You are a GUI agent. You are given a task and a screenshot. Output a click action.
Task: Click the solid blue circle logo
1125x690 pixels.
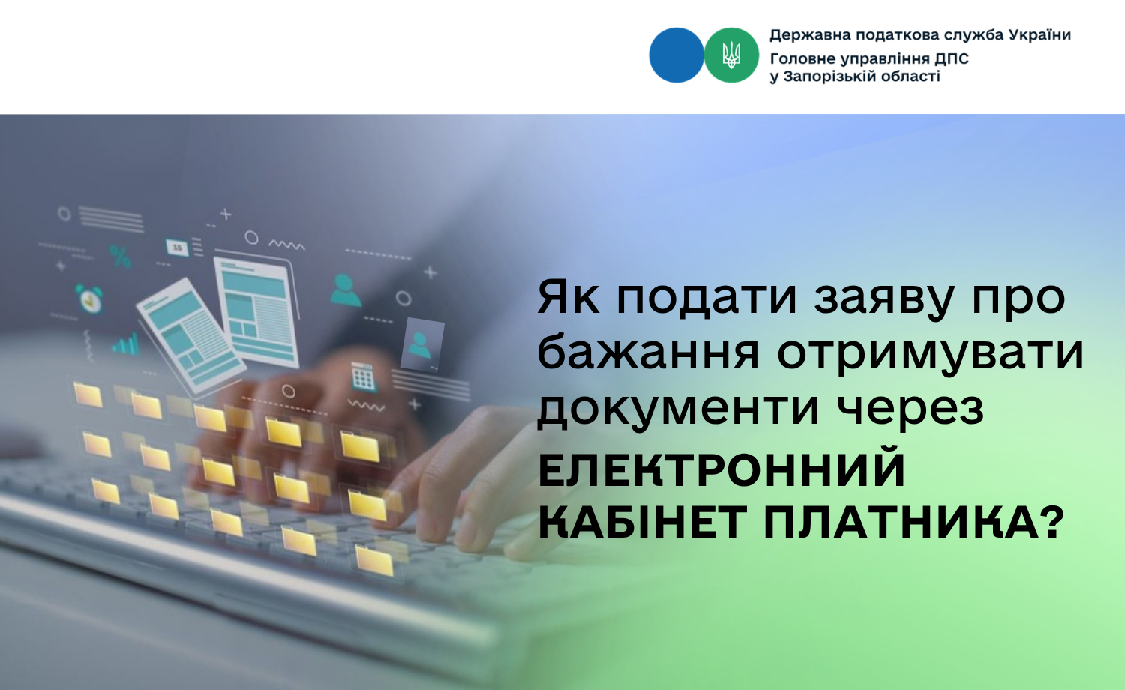pos(676,55)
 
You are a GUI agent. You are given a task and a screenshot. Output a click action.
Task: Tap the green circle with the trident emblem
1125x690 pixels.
pos(731,55)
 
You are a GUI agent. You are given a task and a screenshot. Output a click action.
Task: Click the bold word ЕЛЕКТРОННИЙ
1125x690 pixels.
pos(721,469)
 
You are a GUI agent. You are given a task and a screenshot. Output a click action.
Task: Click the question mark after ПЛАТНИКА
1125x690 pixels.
pos(1053,521)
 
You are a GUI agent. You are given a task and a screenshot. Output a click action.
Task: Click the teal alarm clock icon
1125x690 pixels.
pos(89,298)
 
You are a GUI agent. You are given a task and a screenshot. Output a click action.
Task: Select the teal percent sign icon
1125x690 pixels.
pos(121,256)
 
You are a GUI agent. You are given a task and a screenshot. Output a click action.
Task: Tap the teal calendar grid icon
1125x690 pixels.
pos(363,376)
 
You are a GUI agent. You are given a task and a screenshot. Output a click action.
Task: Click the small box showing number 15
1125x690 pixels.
pos(177,247)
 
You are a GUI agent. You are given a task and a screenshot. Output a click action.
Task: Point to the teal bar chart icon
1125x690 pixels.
pos(125,344)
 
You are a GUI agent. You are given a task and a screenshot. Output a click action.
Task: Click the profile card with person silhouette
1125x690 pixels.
pos(421,344)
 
